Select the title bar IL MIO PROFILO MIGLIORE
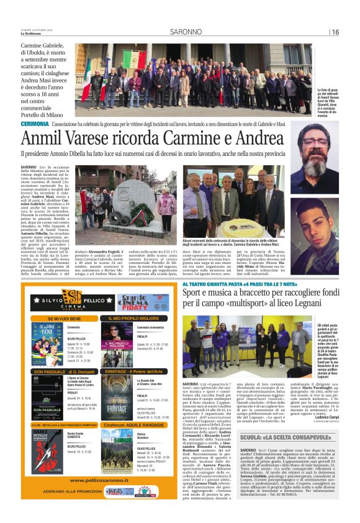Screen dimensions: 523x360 [135, 318]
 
